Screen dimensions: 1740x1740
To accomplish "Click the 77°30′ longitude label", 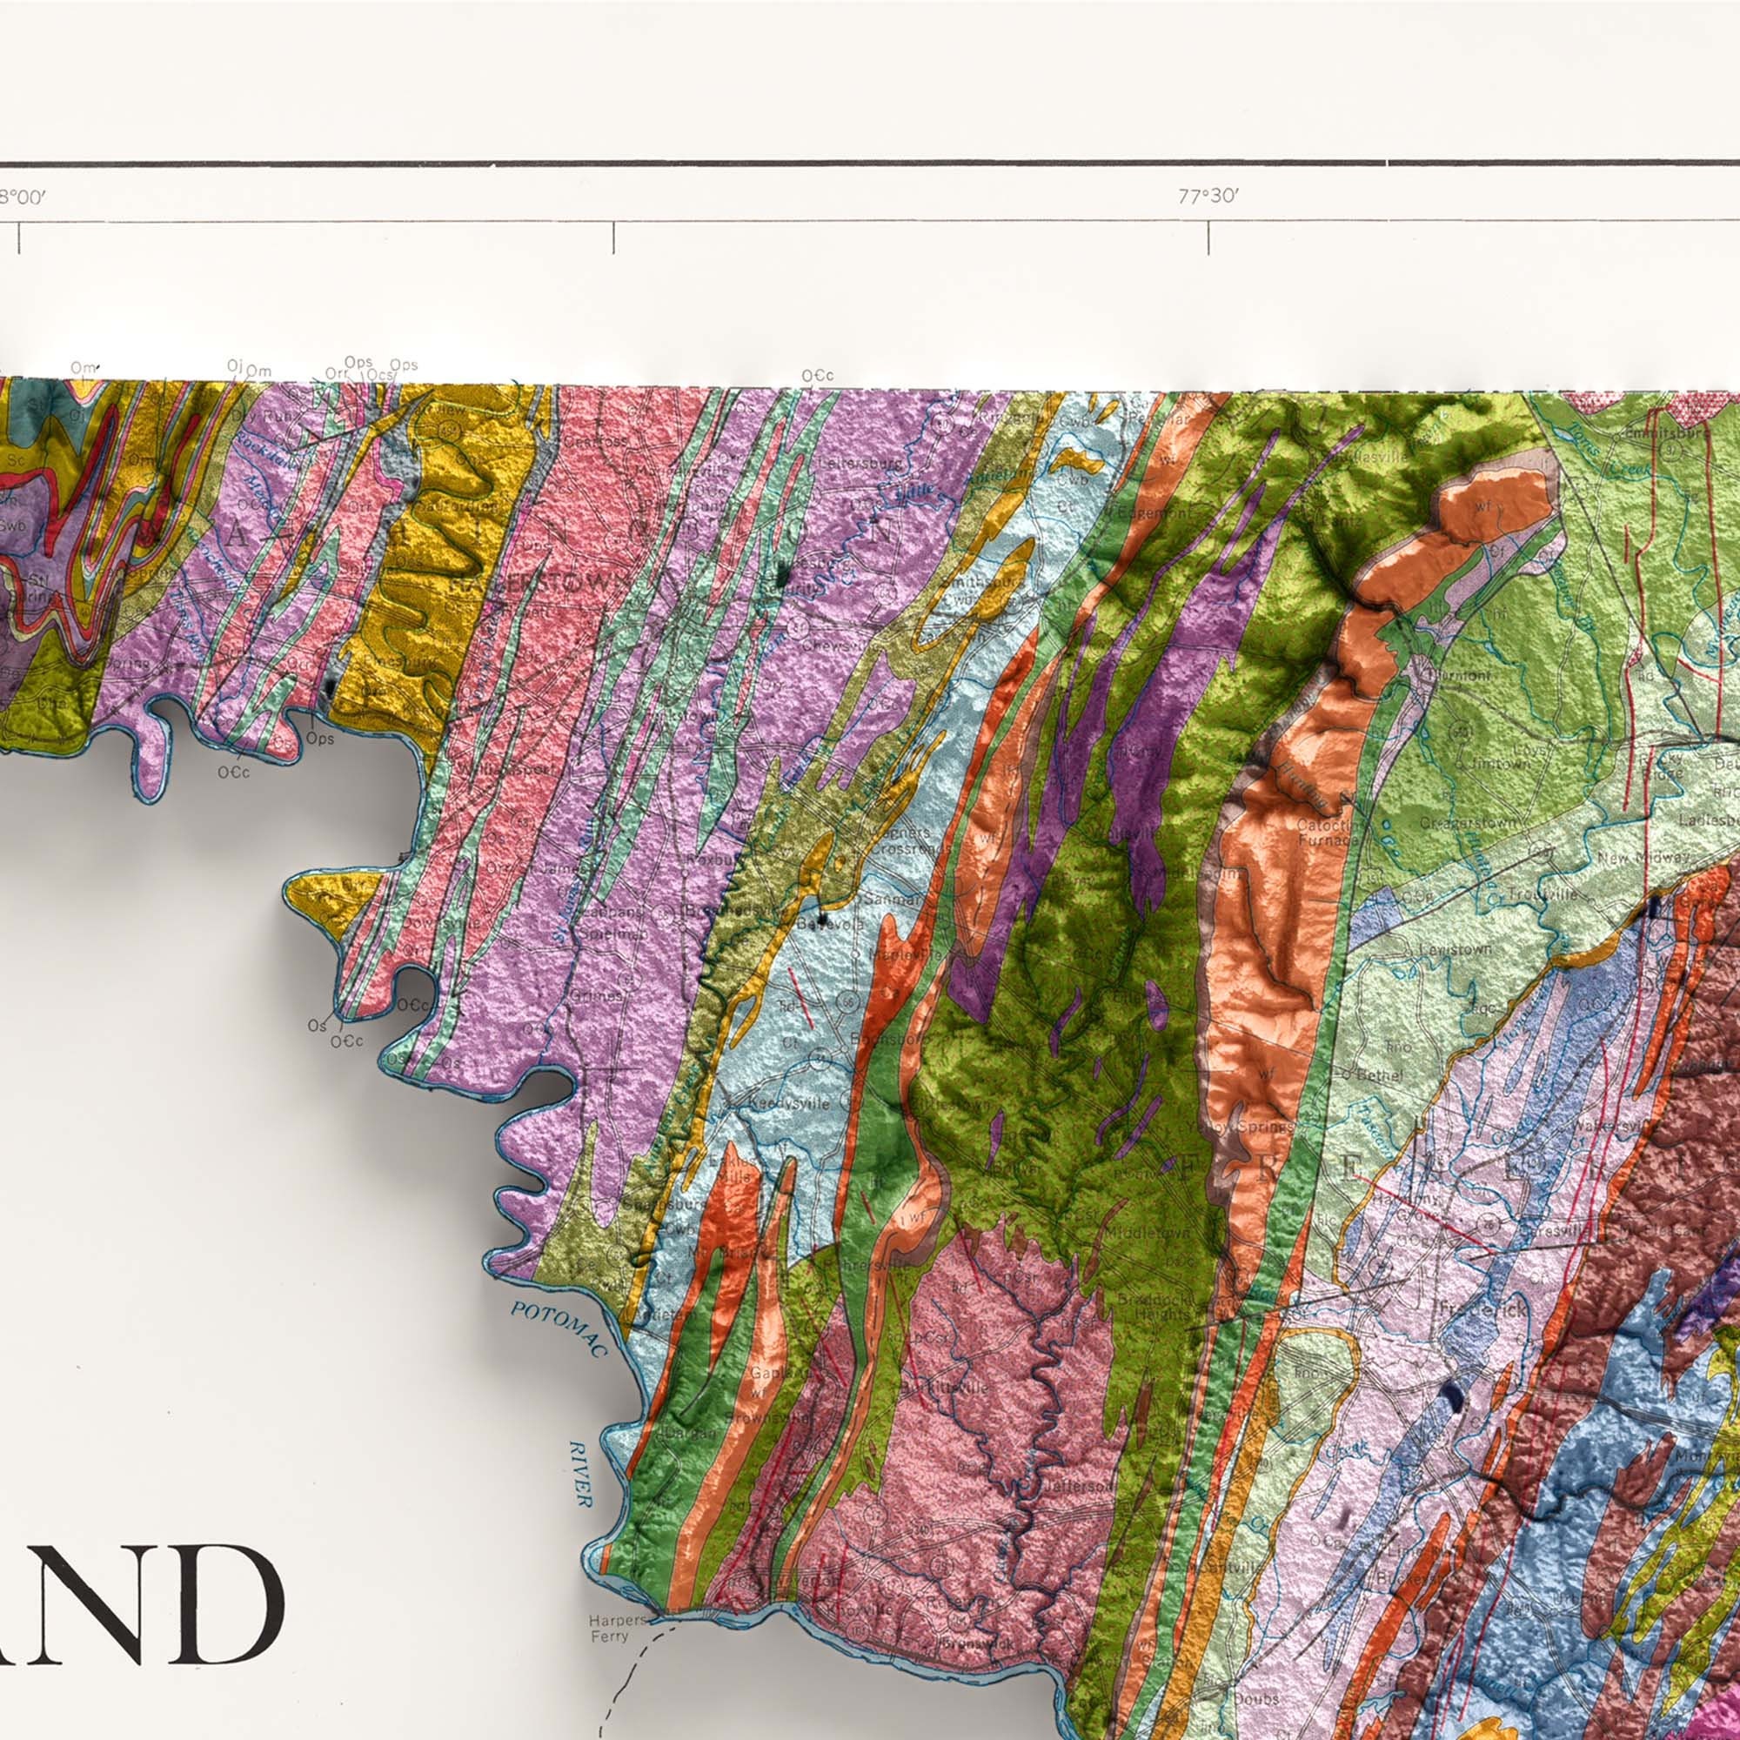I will pos(1208,197).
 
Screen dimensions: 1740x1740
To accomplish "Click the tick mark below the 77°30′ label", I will pos(1208,238).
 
